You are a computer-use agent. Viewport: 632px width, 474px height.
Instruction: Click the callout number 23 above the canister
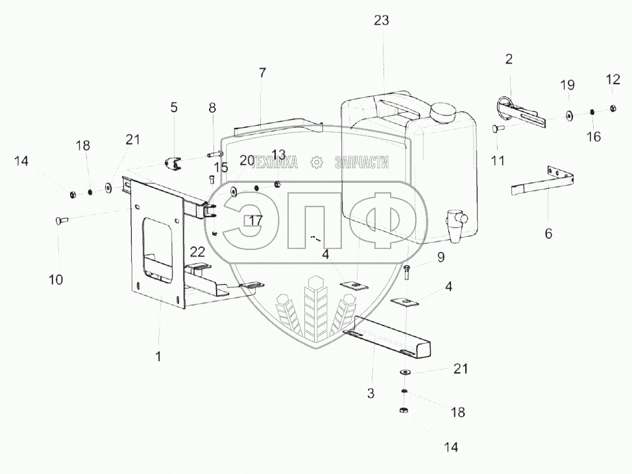click(x=381, y=21)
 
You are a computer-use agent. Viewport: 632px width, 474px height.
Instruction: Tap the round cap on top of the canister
click(x=444, y=111)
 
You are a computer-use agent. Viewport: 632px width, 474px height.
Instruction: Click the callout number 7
click(x=262, y=73)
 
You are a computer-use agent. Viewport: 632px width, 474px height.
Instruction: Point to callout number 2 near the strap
click(x=509, y=59)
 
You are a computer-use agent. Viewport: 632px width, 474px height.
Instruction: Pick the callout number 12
click(x=613, y=79)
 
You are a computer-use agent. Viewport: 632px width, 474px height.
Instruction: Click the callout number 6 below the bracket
click(x=548, y=233)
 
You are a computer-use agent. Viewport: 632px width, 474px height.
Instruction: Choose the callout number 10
click(x=56, y=280)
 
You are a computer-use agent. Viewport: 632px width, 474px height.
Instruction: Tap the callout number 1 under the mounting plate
click(x=158, y=356)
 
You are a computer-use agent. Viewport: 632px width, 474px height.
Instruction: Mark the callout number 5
click(x=174, y=107)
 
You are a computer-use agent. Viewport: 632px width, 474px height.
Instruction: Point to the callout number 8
click(x=212, y=108)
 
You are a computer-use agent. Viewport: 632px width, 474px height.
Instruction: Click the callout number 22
click(x=197, y=251)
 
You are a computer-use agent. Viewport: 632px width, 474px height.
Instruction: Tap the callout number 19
click(x=568, y=85)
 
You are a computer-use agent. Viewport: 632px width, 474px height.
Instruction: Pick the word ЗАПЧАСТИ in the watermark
click(x=361, y=163)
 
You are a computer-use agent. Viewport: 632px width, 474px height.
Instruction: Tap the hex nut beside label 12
click(x=613, y=108)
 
